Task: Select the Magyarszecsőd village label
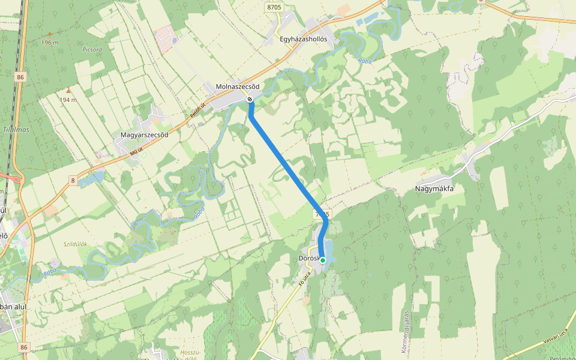coord(145,135)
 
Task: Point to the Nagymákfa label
coord(434,188)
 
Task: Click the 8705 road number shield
coord(274,7)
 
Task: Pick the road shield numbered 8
coord(73,180)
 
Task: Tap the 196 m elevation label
coord(50,43)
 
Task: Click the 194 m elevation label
coord(68,100)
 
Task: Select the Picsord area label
coord(92,49)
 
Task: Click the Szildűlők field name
coord(76,244)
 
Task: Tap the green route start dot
coord(323,260)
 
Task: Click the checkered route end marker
coord(250,99)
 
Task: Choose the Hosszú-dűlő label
coord(189,355)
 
